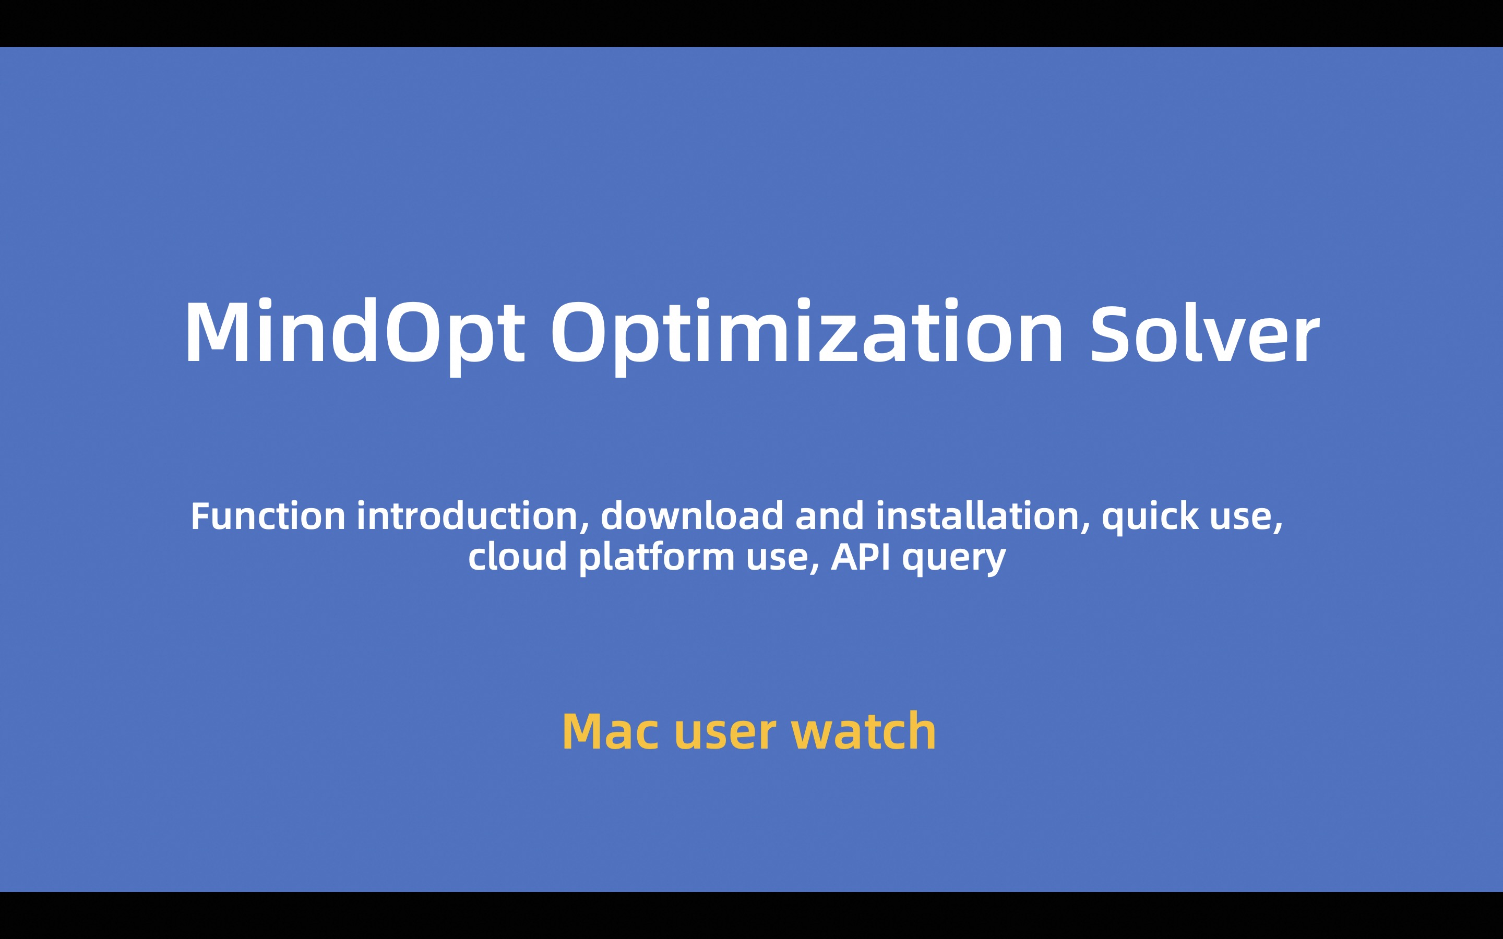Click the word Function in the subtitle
[268, 516]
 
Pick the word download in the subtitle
[692, 516]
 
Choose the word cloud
[517, 556]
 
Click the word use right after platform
[783, 560]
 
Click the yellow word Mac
[611, 731]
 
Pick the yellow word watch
[863, 731]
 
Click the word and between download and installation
[830, 516]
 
